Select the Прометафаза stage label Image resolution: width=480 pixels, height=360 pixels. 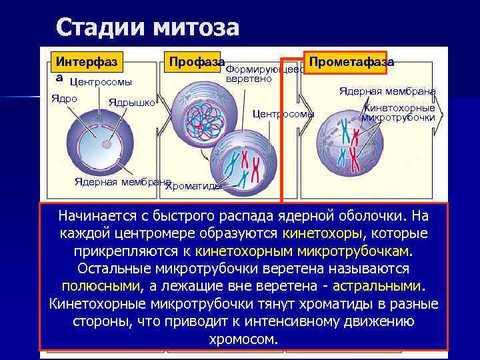point(350,61)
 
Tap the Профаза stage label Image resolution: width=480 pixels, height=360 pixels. point(195,61)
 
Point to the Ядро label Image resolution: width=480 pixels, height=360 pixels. point(65,99)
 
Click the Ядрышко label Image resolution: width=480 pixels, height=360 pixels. point(132,103)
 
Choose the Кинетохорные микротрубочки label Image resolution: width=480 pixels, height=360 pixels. point(399,113)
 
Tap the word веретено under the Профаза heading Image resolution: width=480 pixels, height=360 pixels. point(249,79)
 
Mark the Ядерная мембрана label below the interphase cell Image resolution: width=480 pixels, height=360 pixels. point(121,181)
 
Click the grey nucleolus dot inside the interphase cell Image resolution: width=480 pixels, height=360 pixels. point(105,143)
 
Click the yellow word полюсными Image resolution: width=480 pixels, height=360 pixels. point(101,286)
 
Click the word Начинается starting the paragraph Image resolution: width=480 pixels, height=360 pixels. point(95,217)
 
